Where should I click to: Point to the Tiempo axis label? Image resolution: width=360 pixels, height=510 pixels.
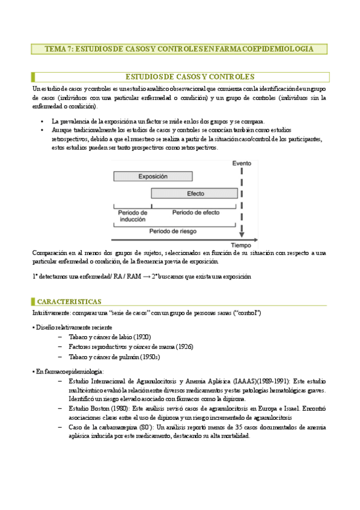tap(241, 245)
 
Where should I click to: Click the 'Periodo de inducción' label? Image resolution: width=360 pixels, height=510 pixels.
tap(132, 216)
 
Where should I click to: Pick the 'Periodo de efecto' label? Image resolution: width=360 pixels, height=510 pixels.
tap(196, 212)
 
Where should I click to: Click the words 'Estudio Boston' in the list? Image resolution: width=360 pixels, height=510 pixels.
tap(90, 408)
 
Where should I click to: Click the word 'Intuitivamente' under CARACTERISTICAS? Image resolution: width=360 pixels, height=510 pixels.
tap(51, 313)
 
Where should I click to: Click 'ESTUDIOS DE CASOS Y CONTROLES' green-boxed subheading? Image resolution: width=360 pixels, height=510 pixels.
tap(189, 76)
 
